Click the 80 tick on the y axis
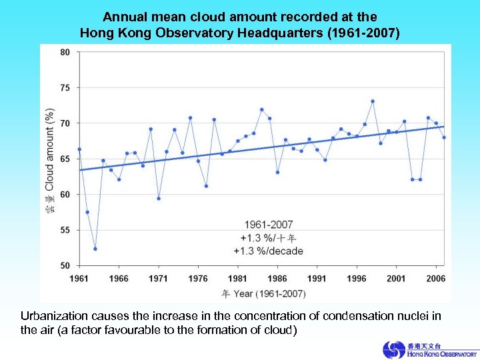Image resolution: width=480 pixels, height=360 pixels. [x=65, y=53]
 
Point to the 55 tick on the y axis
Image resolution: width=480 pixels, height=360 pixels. [x=65, y=230]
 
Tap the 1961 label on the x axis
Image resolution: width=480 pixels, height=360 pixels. [x=79, y=278]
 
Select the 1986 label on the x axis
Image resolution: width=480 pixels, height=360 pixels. [x=277, y=278]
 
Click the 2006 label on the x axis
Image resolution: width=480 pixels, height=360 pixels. [x=435, y=278]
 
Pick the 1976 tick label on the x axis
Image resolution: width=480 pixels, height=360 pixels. [x=198, y=278]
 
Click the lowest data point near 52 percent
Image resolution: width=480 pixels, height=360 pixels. [x=95, y=249]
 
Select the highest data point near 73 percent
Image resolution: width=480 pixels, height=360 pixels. [x=373, y=101]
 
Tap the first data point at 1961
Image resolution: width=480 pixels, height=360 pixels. [x=79, y=149]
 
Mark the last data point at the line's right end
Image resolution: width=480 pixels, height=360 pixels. [x=444, y=137]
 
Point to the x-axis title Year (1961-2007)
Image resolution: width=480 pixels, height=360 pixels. [x=269, y=293]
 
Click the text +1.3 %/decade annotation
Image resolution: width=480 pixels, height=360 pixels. [x=268, y=251]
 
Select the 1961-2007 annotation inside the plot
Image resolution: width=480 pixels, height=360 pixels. [x=268, y=225]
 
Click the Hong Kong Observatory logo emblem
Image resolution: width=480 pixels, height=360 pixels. [x=393, y=349]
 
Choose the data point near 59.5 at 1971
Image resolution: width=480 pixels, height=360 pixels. [x=159, y=198]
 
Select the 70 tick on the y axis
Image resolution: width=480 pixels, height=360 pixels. [x=65, y=123]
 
